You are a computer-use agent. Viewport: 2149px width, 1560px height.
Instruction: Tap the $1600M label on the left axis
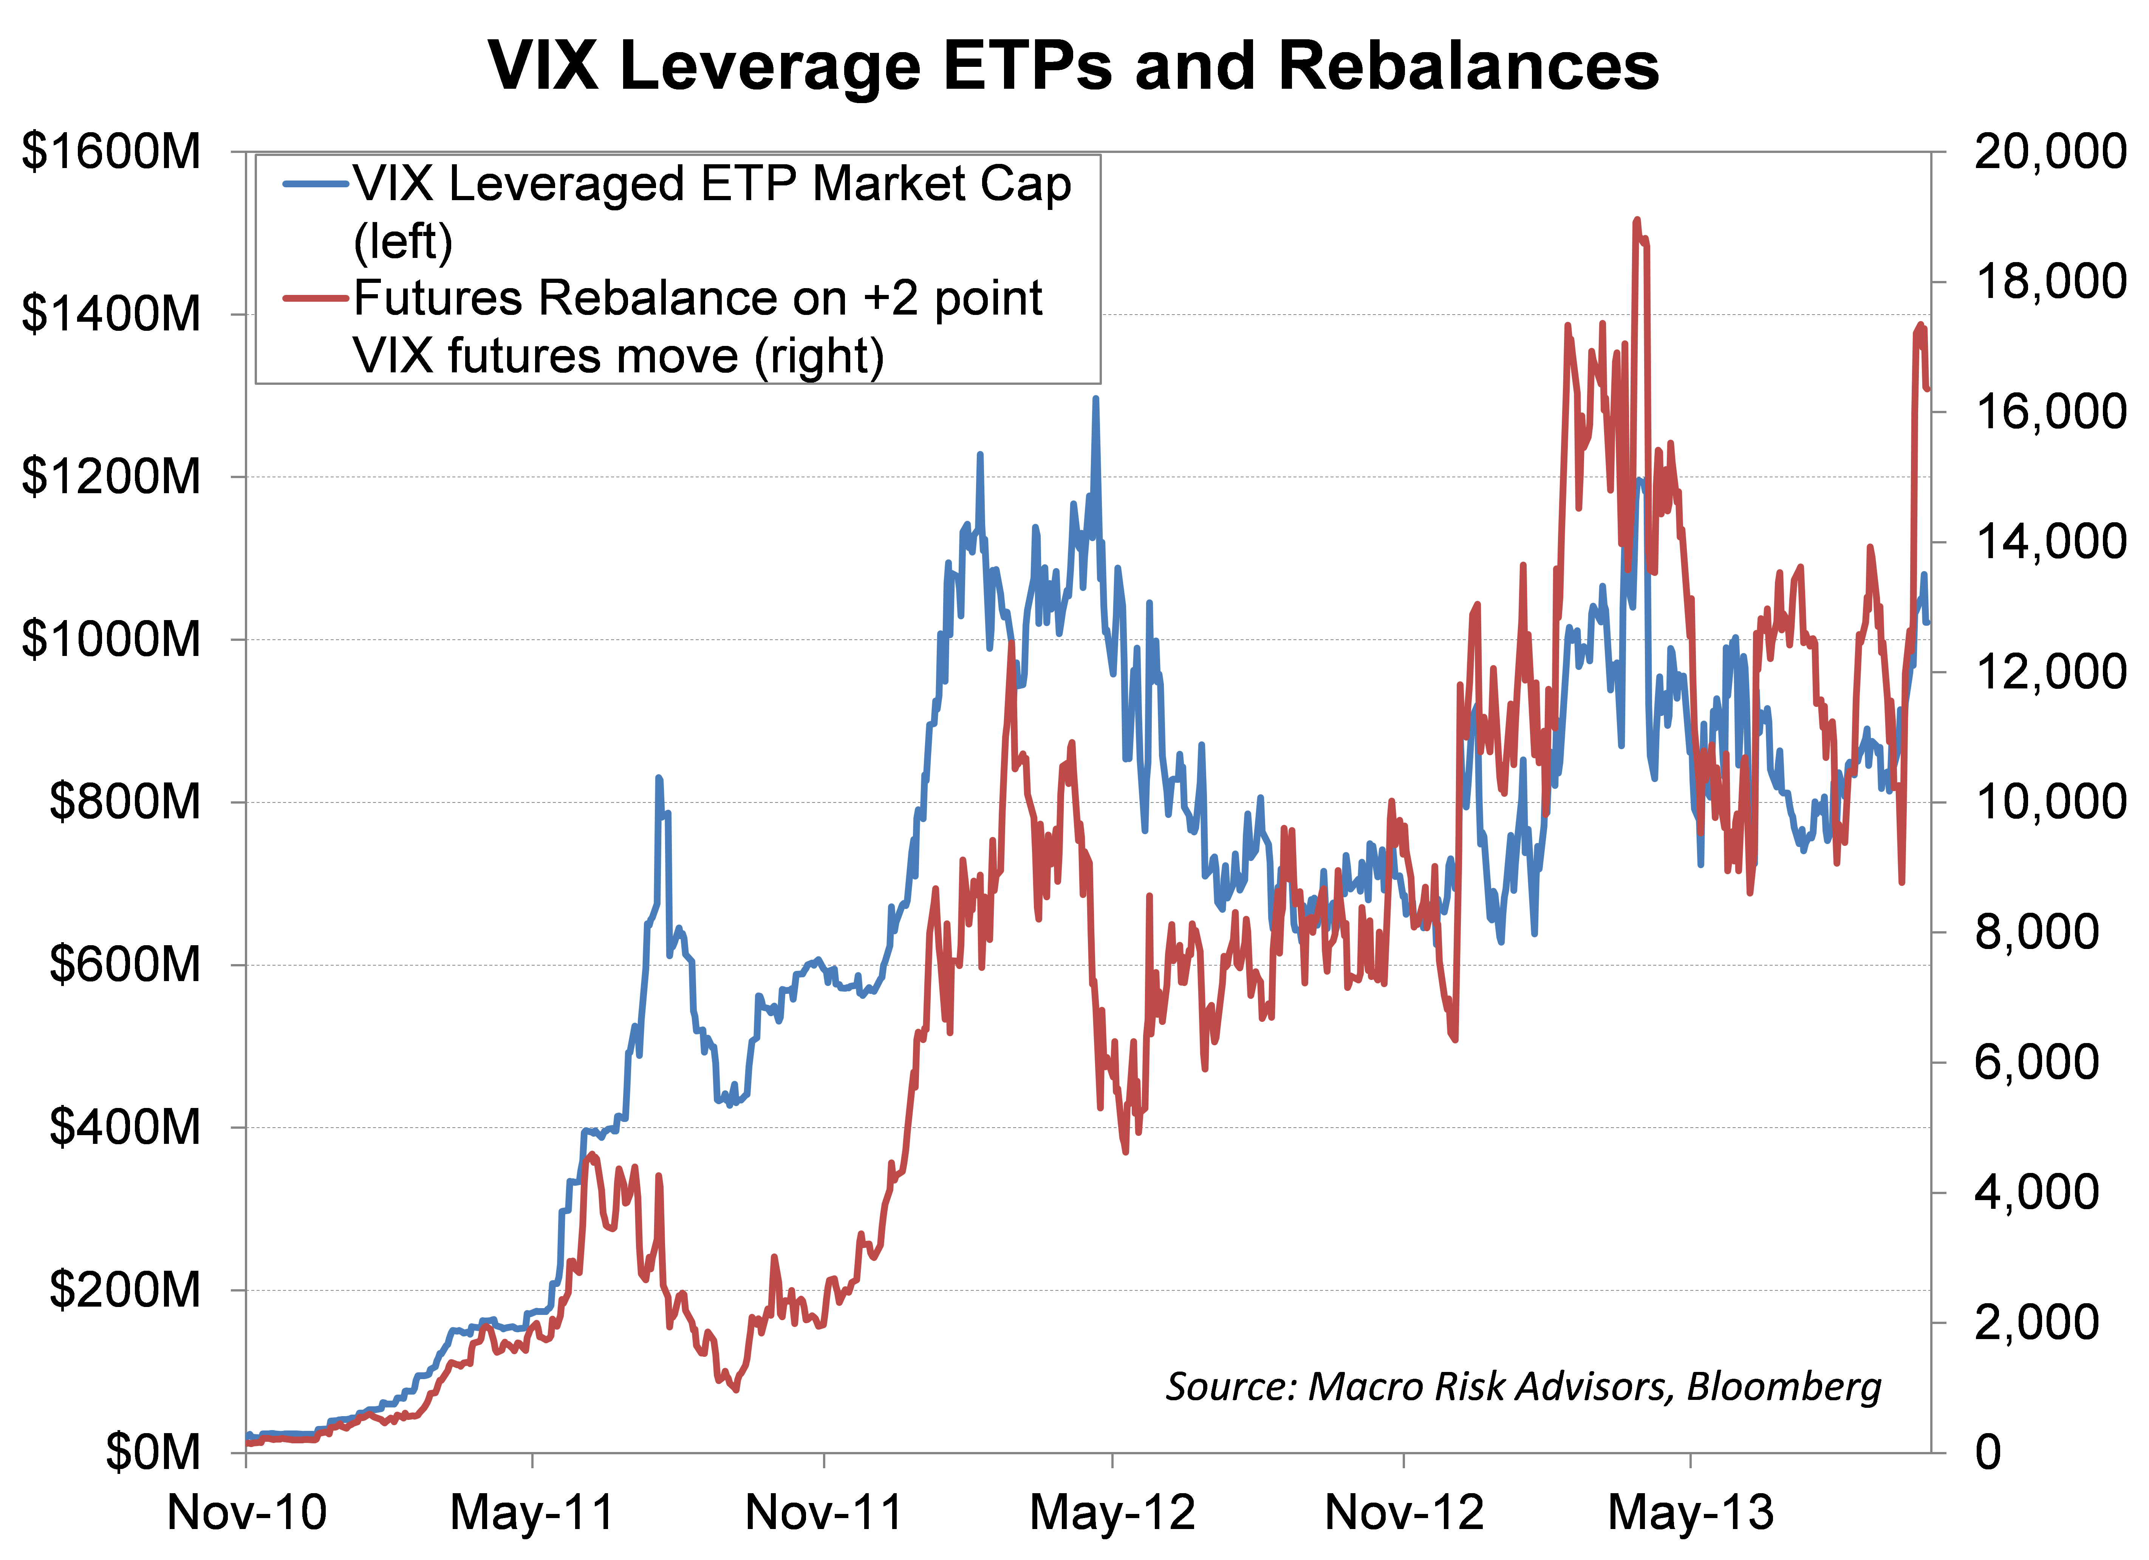(x=111, y=151)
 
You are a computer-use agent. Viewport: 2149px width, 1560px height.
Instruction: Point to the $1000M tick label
(x=111, y=639)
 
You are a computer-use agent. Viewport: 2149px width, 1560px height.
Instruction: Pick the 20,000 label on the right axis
(x=2050, y=151)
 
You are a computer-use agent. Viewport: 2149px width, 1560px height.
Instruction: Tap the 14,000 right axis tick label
(x=2050, y=542)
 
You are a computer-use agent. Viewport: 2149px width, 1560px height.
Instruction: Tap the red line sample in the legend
(x=316, y=298)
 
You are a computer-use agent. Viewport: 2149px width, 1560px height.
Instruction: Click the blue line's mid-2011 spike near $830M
(x=659, y=779)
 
